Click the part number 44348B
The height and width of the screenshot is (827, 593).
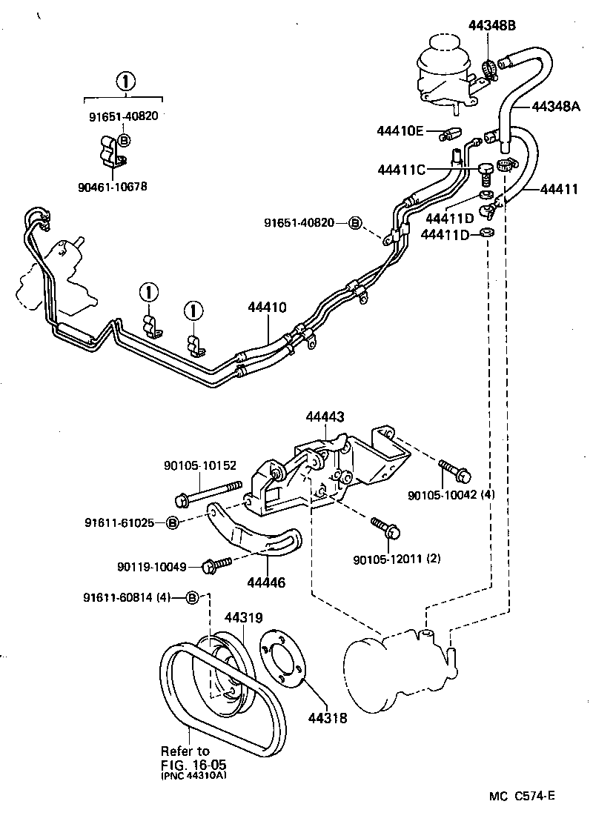coord(491,25)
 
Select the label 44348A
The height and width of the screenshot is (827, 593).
coord(556,107)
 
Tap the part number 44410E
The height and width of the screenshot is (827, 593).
coord(400,132)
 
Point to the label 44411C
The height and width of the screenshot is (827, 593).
coord(401,170)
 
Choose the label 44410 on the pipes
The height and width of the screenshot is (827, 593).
coord(265,305)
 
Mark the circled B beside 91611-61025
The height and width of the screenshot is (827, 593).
coord(172,523)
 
